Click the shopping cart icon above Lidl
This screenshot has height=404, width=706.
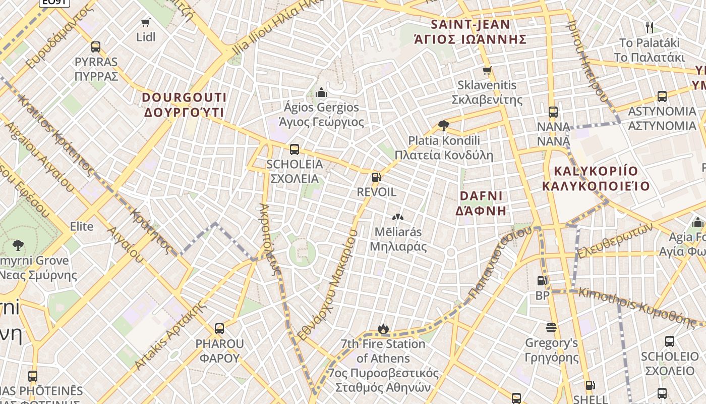click(x=146, y=22)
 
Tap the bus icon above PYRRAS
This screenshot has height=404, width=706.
click(x=96, y=47)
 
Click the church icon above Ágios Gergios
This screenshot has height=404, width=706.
click(x=321, y=92)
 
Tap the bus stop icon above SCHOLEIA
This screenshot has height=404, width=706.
click(x=295, y=149)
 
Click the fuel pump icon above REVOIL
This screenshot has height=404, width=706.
click(x=376, y=177)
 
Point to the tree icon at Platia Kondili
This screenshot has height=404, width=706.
click(x=444, y=125)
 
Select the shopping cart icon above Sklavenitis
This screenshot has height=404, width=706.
click(x=487, y=71)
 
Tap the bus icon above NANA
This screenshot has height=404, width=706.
click(x=553, y=112)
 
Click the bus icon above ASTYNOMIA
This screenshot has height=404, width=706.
click(x=662, y=96)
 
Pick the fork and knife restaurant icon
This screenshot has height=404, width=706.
click(x=650, y=27)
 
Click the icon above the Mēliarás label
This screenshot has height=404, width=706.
click(x=398, y=217)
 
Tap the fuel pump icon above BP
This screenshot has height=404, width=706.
click(x=542, y=281)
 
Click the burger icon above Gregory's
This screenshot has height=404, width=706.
click(x=551, y=328)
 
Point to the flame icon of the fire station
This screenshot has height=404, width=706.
click(x=383, y=329)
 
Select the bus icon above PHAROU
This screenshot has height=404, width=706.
click(x=219, y=329)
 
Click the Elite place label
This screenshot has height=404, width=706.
click(x=82, y=226)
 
